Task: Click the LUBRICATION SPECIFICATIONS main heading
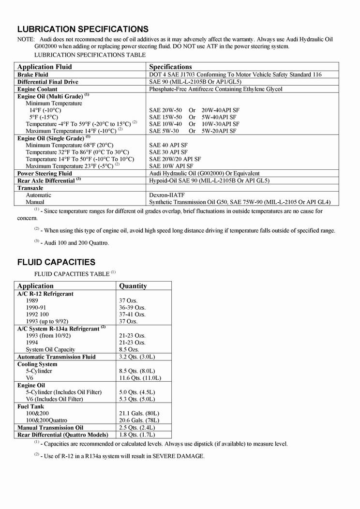[83, 29]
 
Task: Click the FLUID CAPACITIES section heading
[56, 262]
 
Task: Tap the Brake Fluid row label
[33, 75]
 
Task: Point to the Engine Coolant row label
[37, 89]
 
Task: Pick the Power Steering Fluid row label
[45, 173]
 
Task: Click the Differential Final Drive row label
[48, 82]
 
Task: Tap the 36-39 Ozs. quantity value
[132, 307]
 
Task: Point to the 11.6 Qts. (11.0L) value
[140, 378]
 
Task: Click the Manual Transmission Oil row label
[50, 428]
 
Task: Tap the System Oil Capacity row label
[50, 349]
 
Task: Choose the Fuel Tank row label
[30, 406]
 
